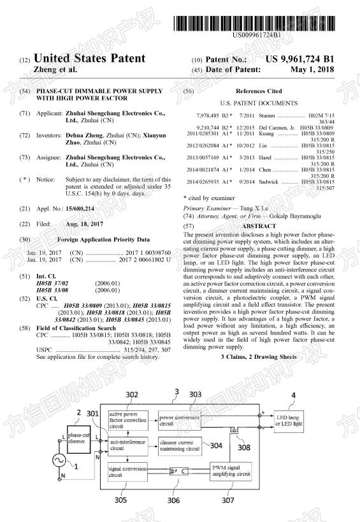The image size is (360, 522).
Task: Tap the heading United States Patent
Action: (x=89, y=59)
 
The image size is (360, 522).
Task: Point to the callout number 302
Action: (x=132, y=395)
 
